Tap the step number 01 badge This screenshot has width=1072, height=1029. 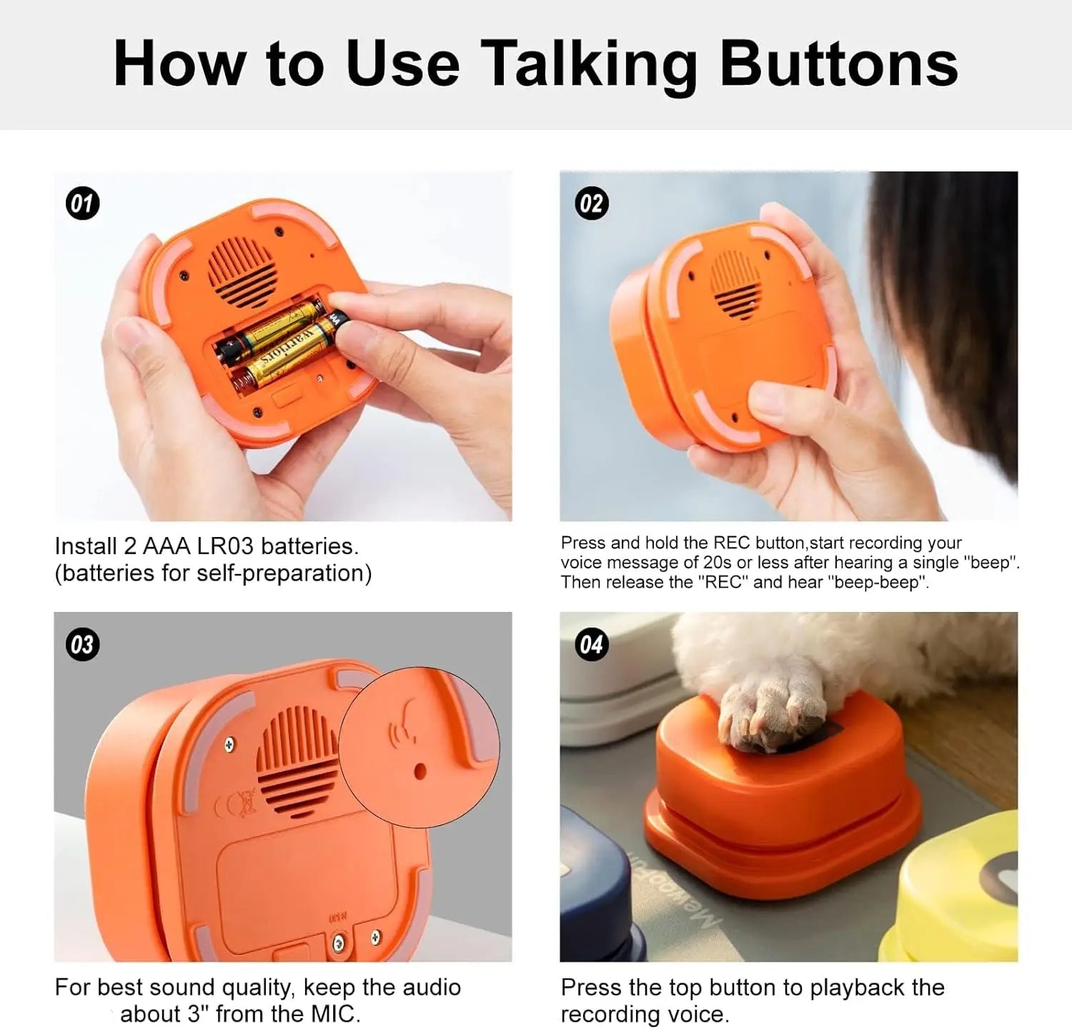tap(82, 204)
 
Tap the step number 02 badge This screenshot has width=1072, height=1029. tap(591, 204)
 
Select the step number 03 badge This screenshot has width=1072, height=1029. tap(82, 645)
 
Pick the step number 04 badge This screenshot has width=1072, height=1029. tap(591, 645)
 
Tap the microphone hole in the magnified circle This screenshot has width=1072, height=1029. tap(420, 771)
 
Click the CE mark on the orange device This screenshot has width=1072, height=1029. tap(237, 805)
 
